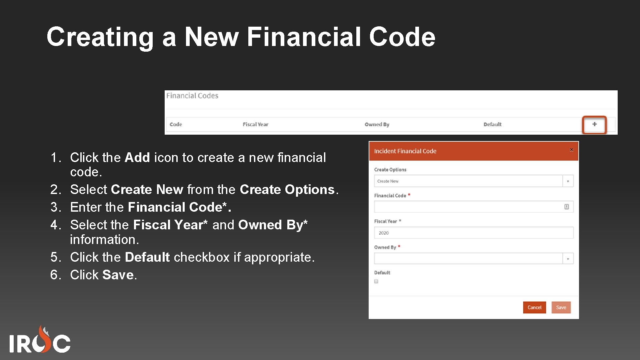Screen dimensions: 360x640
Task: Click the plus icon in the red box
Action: pos(594,124)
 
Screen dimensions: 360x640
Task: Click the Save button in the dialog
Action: pos(561,307)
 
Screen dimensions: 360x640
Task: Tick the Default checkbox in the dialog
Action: pos(376,281)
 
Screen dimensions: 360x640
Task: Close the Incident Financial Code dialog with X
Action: pos(571,150)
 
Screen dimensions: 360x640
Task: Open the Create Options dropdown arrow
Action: pos(568,181)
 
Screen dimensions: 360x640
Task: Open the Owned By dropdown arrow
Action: pos(568,259)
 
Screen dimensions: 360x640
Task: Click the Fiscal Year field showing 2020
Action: pos(473,233)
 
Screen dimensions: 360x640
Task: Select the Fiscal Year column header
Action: pos(255,124)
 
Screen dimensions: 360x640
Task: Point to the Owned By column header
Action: pos(377,124)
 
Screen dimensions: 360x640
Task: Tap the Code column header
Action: pos(176,124)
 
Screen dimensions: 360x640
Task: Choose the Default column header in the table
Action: pos(492,124)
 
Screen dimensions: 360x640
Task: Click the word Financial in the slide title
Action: pos(304,37)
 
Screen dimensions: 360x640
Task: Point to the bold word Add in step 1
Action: pos(137,157)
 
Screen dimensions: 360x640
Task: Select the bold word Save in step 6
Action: pos(118,275)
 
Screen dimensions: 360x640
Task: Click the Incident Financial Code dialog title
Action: pos(405,151)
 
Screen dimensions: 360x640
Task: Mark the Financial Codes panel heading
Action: pos(192,96)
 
